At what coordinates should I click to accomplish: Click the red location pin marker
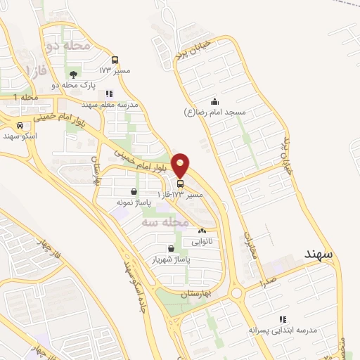pyautogui.click(x=181, y=164)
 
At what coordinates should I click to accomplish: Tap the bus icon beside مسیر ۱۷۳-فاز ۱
pyautogui.click(x=181, y=184)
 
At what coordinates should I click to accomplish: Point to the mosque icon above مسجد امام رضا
pyautogui.click(x=214, y=101)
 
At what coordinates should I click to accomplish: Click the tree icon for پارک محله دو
pyautogui.click(x=73, y=74)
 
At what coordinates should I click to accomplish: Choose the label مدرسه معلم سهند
pyautogui.click(x=109, y=104)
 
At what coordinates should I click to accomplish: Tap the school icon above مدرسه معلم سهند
pyautogui.click(x=109, y=94)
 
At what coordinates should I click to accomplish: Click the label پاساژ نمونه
pyautogui.click(x=134, y=202)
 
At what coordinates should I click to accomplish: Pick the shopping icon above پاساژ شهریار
pyautogui.click(x=172, y=248)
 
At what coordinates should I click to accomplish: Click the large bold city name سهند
pyautogui.click(x=323, y=252)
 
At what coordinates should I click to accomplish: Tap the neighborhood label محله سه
pyautogui.click(x=166, y=221)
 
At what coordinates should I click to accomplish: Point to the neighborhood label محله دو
pyautogui.click(x=68, y=46)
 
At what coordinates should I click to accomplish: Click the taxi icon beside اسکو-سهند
pyautogui.click(x=20, y=126)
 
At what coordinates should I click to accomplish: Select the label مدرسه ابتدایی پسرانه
pyautogui.click(x=282, y=330)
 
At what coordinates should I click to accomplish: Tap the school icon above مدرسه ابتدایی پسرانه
pyautogui.click(x=282, y=319)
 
